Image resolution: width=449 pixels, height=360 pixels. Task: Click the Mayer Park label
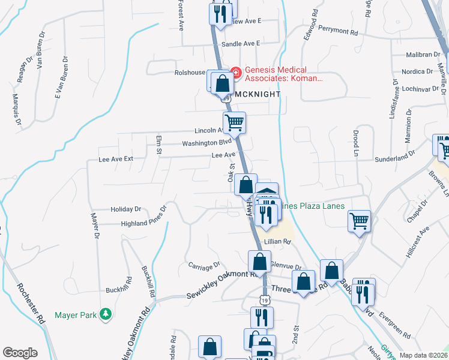coord(76,314)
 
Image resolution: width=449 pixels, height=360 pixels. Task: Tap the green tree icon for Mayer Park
coord(106,314)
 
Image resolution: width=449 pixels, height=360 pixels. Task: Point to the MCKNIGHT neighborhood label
coord(257,94)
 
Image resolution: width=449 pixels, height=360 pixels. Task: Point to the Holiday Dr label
coord(125,209)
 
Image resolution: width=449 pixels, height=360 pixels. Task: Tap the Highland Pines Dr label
coord(143,223)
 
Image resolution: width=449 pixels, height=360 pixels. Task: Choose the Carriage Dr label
coord(204,264)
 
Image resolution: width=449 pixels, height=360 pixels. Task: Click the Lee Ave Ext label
coord(115,160)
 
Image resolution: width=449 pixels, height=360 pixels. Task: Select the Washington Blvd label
coord(206,143)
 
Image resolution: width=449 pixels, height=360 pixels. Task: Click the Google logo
coord(20,353)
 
